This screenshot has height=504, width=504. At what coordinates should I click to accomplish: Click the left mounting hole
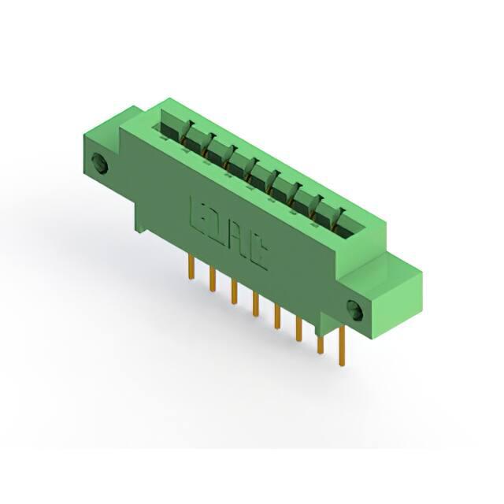(99, 164)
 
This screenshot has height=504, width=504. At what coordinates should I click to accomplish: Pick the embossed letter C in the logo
(258, 252)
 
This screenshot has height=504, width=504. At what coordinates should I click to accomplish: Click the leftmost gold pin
(191, 267)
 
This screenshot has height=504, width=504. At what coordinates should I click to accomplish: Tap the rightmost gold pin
(342, 346)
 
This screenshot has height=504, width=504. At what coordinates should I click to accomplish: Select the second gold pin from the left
(212, 280)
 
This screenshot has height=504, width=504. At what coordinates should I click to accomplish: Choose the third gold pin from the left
(234, 291)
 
